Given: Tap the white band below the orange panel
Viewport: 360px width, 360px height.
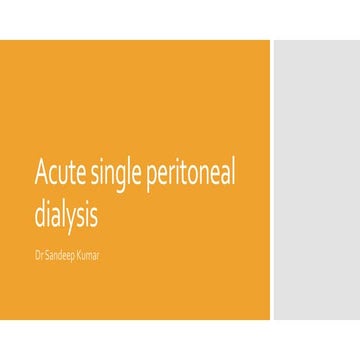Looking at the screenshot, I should click(x=180, y=340).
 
